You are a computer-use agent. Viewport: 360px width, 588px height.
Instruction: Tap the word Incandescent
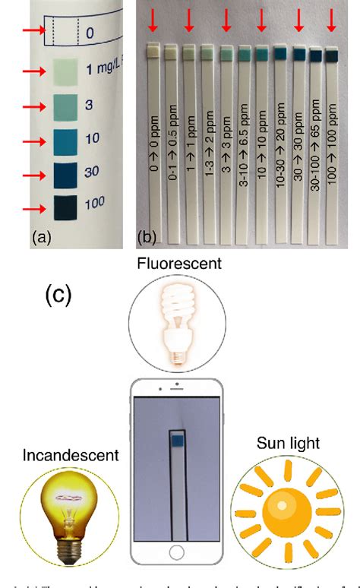(70, 456)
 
